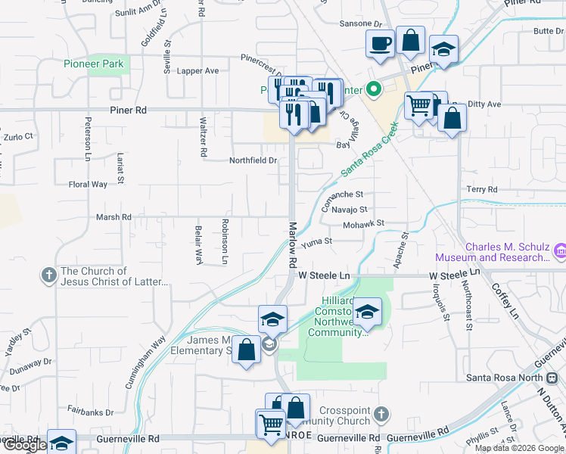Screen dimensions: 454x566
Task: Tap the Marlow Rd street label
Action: [x=293, y=244]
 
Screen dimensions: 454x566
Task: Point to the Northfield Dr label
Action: [x=253, y=160]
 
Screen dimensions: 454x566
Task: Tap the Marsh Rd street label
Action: [x=114, y=217]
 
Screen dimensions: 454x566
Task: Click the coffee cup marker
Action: [x=380, y=44]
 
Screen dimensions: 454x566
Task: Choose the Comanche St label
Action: [x=344, y=200]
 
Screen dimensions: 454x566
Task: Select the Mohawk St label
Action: [x=364, y=224]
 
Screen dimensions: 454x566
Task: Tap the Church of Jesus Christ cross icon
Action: [x=48, y=275]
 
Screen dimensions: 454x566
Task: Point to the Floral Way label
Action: [x=88, y=185]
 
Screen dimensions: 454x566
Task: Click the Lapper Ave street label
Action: [x=197, y=70]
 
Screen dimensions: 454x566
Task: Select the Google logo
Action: [x=25, y=445]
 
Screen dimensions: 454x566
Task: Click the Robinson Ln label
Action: [x=225, y=242]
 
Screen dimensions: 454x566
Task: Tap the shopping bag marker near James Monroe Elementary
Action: [x=246, y=350]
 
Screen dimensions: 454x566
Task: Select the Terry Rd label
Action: [x=481, y=189]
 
